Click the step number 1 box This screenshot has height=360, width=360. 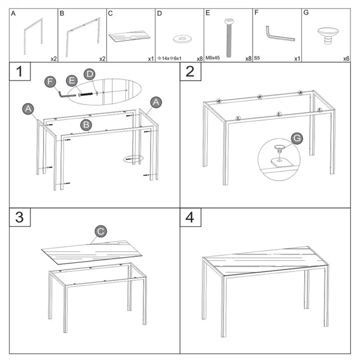20,71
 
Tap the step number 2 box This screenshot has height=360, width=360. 191,71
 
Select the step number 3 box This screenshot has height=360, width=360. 20,217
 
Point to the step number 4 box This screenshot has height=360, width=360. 191,217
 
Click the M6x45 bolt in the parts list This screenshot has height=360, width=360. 229,38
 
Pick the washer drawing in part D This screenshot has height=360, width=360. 182,39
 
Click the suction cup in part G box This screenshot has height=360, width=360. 328,35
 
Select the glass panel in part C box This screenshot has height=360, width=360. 129,36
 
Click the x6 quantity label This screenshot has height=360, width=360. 346,59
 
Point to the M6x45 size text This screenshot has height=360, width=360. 212,58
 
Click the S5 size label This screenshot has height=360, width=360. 257,58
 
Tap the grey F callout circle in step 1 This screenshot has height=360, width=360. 50,82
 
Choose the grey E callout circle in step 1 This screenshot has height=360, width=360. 72,80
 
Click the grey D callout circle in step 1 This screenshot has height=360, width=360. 89,74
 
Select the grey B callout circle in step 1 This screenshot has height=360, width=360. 86,125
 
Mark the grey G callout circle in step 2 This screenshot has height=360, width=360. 297,138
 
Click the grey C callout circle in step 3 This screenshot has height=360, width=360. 101,231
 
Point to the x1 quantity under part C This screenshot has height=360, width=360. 151,59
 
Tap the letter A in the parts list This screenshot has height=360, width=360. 13,13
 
